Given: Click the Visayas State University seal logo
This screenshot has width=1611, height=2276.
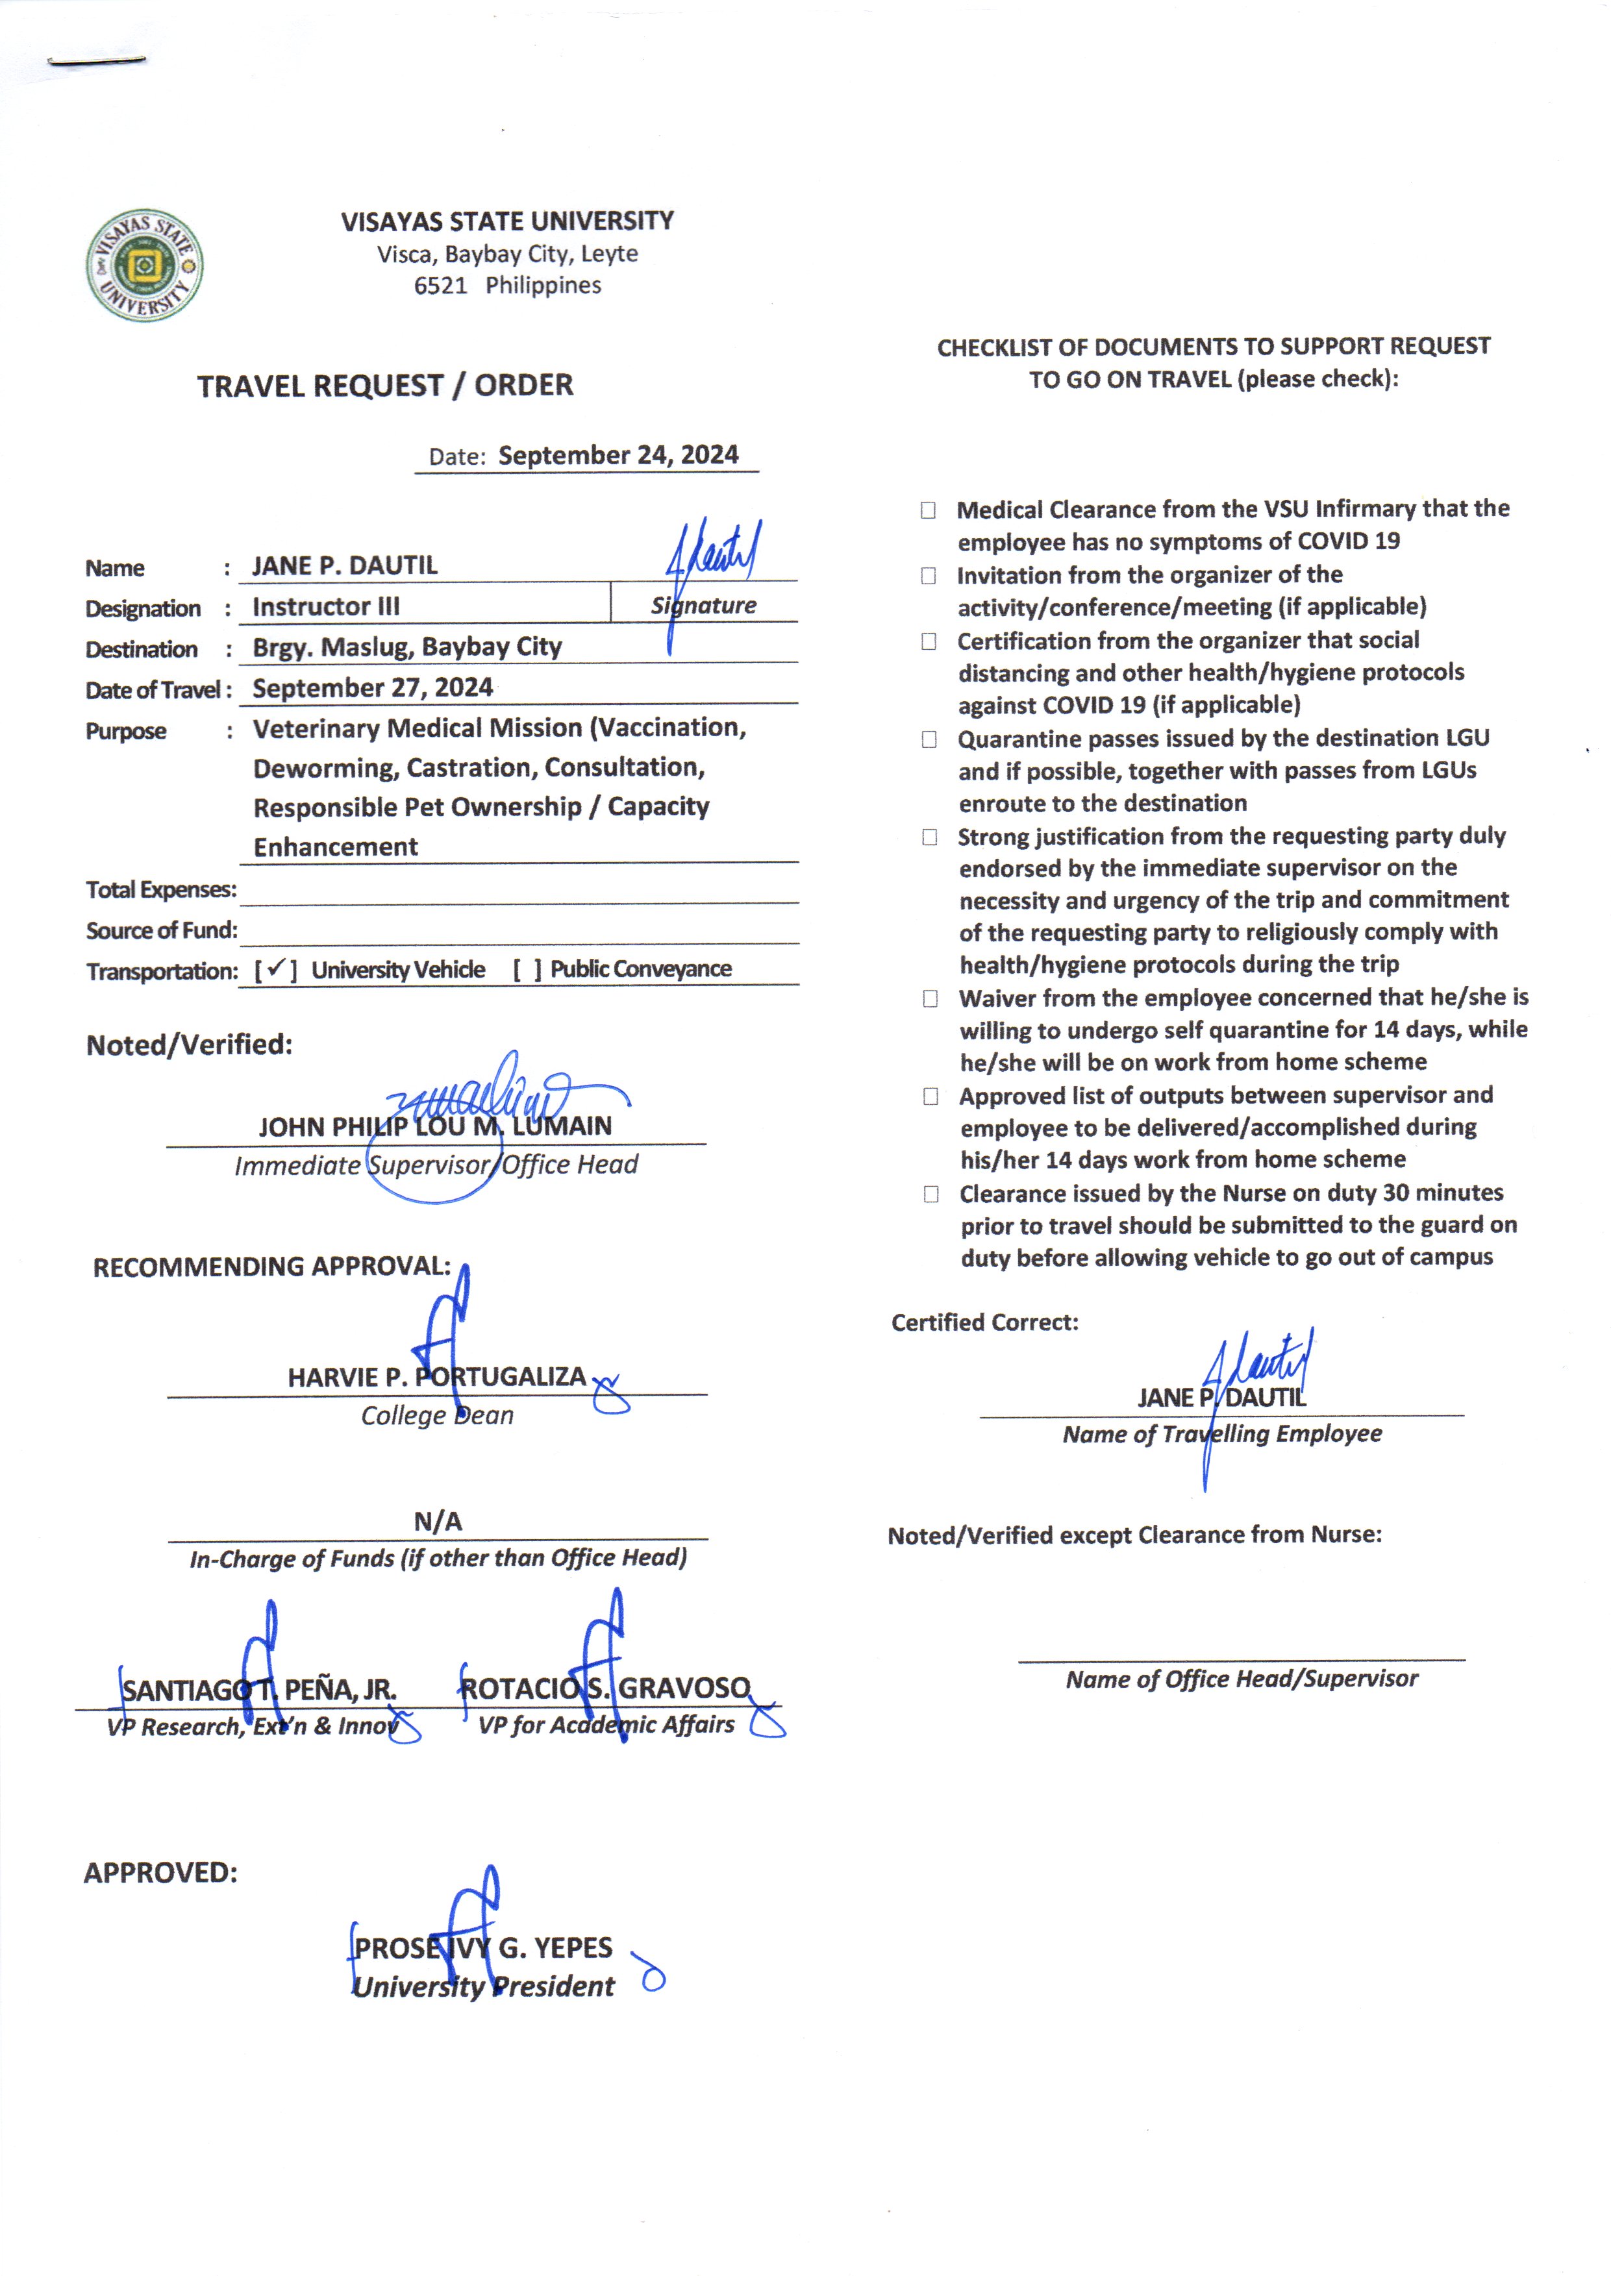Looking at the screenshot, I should coord(144,265).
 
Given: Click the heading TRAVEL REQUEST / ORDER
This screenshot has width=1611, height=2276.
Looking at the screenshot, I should coord(385,385).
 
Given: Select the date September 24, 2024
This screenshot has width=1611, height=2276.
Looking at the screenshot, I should coord(618,455).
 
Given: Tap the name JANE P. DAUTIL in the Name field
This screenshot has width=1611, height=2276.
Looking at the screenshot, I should coord(344,565).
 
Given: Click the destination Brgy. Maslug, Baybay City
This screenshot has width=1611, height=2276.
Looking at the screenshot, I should coord(406,647).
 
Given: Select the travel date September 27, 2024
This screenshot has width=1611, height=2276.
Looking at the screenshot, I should coord(372,687).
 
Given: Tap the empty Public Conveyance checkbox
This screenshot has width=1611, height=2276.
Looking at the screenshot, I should coord(527,969).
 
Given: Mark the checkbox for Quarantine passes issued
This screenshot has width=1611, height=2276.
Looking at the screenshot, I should coord(929,739).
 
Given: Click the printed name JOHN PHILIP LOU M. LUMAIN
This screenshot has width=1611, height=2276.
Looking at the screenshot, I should coord(436,1126).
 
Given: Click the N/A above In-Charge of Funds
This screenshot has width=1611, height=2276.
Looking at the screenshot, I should coord(438,1520).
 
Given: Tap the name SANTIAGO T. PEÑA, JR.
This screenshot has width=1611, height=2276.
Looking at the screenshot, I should coord(259,1689).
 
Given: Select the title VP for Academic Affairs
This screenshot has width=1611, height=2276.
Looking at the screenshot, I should coord(606,1725).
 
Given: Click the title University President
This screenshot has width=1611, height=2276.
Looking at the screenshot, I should coord(485,1986).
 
